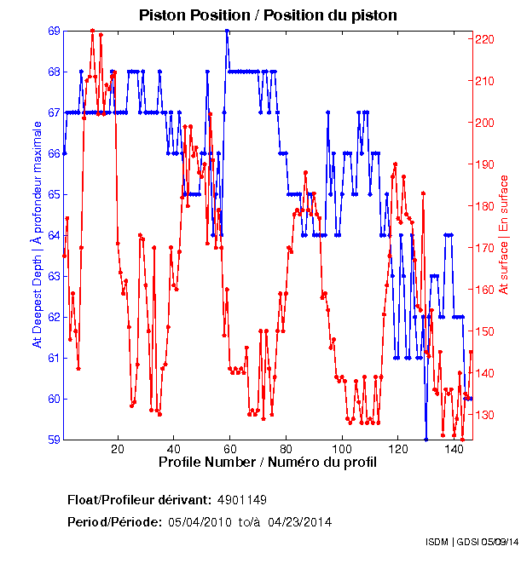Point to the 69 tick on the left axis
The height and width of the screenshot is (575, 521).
tap(54, 31)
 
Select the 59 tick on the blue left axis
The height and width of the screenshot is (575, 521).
tap(54, 440)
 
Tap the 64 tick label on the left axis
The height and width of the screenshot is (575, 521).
tap(54, 235)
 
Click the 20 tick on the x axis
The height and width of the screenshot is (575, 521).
tap(118, 449)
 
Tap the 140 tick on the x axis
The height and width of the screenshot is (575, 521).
tap(454, 449)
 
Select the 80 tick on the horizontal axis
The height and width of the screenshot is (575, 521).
tap(286, 449)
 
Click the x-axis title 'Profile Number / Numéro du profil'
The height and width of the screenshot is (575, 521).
tap(267, 463)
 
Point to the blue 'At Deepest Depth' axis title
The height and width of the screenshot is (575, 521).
tap(37, 234)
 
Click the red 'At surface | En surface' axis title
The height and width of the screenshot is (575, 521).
tap(504, 234)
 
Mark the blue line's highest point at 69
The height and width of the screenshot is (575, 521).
tap(227, 31)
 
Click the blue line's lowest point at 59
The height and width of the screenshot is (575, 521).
tap(425, 439)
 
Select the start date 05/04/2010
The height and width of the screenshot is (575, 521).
tap(199, 521)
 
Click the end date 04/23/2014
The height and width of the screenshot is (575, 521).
tap(299, 521)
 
